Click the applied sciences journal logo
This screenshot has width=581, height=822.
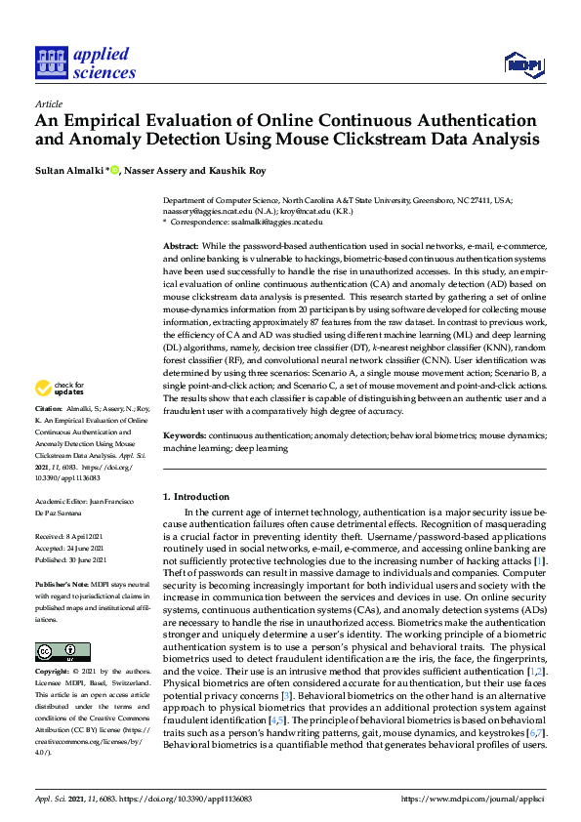85,61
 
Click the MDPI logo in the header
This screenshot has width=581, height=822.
523,64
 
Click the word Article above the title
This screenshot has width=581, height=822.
48,103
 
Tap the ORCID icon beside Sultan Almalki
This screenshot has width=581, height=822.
115,171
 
